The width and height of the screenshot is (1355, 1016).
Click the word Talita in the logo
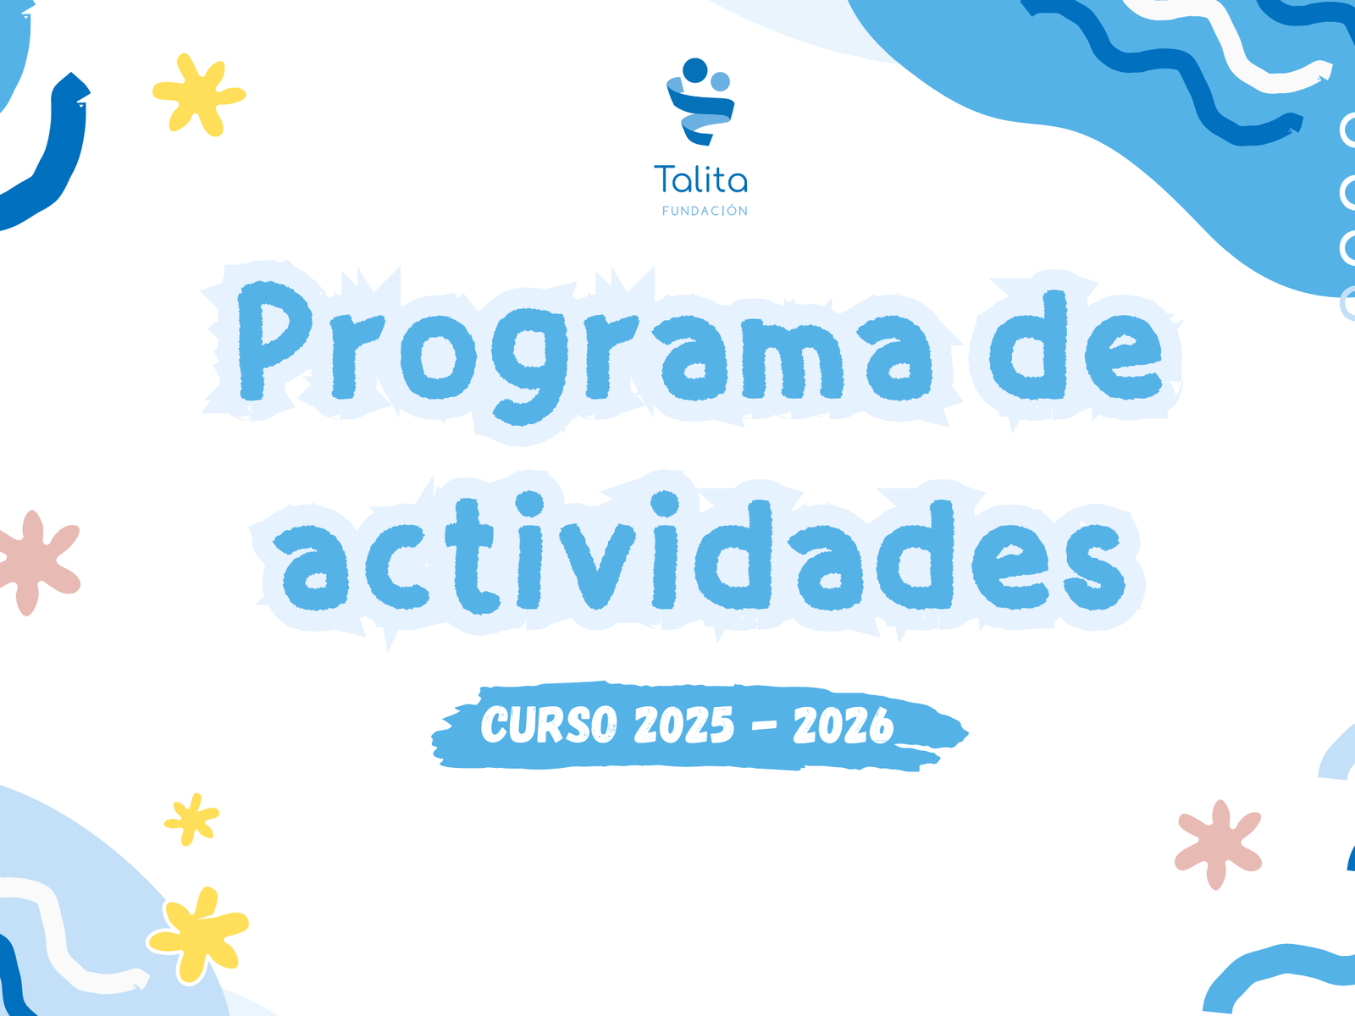click(x=700, y=179)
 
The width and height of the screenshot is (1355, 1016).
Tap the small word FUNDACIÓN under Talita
click(x=705, y=211)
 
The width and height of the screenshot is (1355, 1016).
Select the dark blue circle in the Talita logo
click(x=695, y=70)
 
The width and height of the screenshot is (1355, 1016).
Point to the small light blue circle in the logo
click(x=721, y=81)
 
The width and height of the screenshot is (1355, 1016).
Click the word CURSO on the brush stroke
click(x=549, y=724)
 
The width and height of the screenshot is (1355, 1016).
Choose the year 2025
click(x=684, y=725)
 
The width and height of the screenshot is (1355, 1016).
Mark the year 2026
click(x=843, y=726)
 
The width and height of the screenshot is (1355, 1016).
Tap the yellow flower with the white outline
click(x=198, y=933)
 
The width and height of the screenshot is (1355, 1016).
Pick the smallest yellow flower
click(x=191, y=820)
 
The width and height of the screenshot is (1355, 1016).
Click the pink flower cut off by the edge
click(x=38, y=562)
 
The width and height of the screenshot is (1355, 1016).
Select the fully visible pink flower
click(x=1217, y=844)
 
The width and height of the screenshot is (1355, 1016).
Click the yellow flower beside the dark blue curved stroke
click(x=199, y=95)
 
